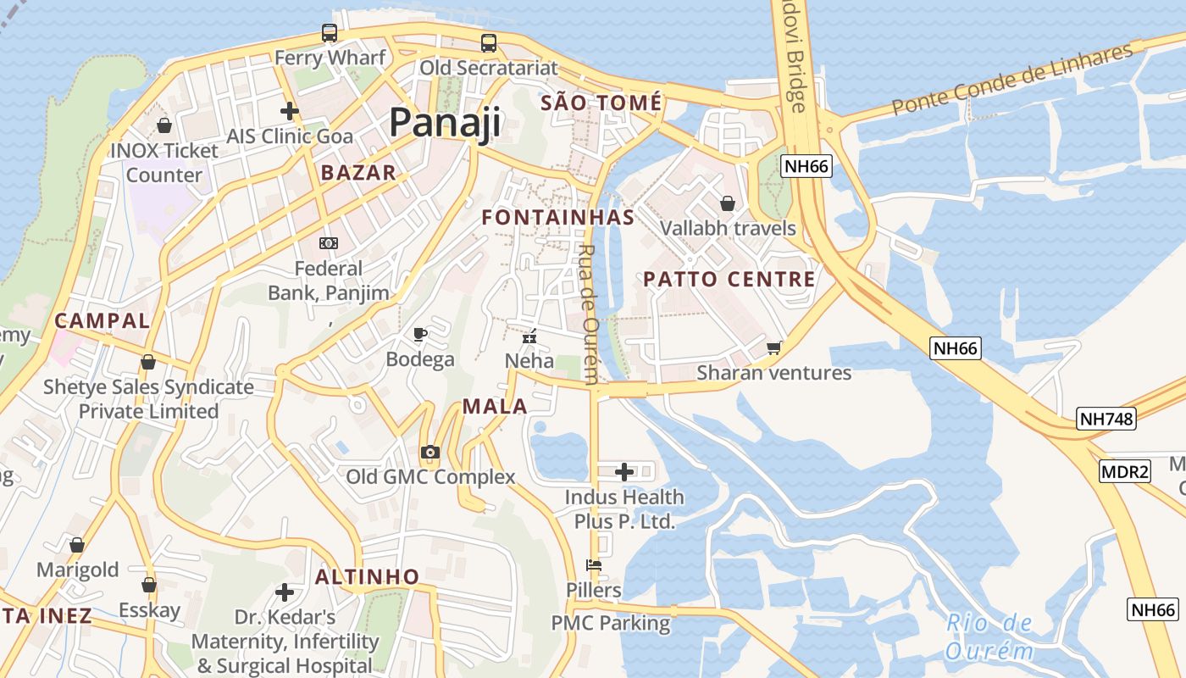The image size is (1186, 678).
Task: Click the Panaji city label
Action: click(x=445, y=123)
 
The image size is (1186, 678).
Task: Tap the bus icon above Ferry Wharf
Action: click(x=330, y=33)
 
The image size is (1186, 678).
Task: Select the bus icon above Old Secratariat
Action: click(x=489, y=42)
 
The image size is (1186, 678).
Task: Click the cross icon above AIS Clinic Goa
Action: click(x=290, y=111)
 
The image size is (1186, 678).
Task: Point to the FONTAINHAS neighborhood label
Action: click(x=558, y=217)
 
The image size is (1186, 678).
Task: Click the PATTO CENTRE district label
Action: click(x=729, y=279)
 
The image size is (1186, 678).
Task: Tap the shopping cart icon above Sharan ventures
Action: click(x=773, y=347)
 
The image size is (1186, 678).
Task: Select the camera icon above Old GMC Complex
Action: click(x=430, y=452)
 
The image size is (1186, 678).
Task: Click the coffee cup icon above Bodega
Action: click(x=419, y=334)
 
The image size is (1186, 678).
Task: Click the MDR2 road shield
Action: click(x=1125, y=471)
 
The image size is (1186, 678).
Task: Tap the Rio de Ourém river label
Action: click(x=989, y=637)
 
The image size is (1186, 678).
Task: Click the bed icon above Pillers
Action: click(x=594, y=564)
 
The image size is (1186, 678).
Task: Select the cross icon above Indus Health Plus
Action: click(x=624, y=471)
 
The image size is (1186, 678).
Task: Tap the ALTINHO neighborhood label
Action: click(x=368, y=577)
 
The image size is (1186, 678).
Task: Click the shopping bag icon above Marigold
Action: click(x=77, y=544)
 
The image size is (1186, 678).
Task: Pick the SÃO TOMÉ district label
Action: click(x=601, y=103)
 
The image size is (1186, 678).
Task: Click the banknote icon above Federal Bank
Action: click(x=329, y=243)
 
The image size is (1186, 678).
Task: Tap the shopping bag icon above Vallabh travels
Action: click(x=727, y=203)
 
